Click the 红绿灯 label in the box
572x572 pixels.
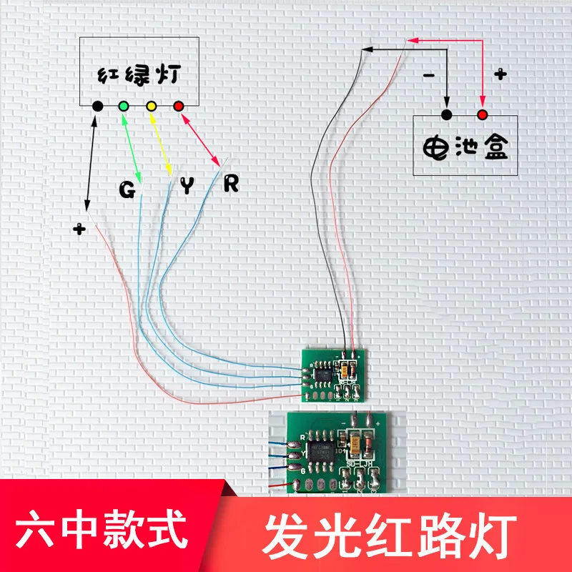[139, 74]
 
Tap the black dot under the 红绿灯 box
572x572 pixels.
[98, 107]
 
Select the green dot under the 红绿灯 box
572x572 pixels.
[124, 107]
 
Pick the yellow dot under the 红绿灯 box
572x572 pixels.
[151, 107]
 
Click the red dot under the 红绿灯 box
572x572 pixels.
[179, 107]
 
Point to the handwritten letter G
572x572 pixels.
[127, 190]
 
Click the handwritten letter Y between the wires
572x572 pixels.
[187, 187]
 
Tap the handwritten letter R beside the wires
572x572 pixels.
[230, 184]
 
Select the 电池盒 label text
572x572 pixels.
[465, 147]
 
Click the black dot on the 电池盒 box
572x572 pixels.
[447, 114]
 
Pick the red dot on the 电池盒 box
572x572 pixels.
[482, 114]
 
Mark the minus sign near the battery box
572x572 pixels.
[429, 75]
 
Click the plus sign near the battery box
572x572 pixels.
[500, 73]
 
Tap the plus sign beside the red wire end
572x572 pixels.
[79, 230]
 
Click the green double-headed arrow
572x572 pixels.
[132, 147]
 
